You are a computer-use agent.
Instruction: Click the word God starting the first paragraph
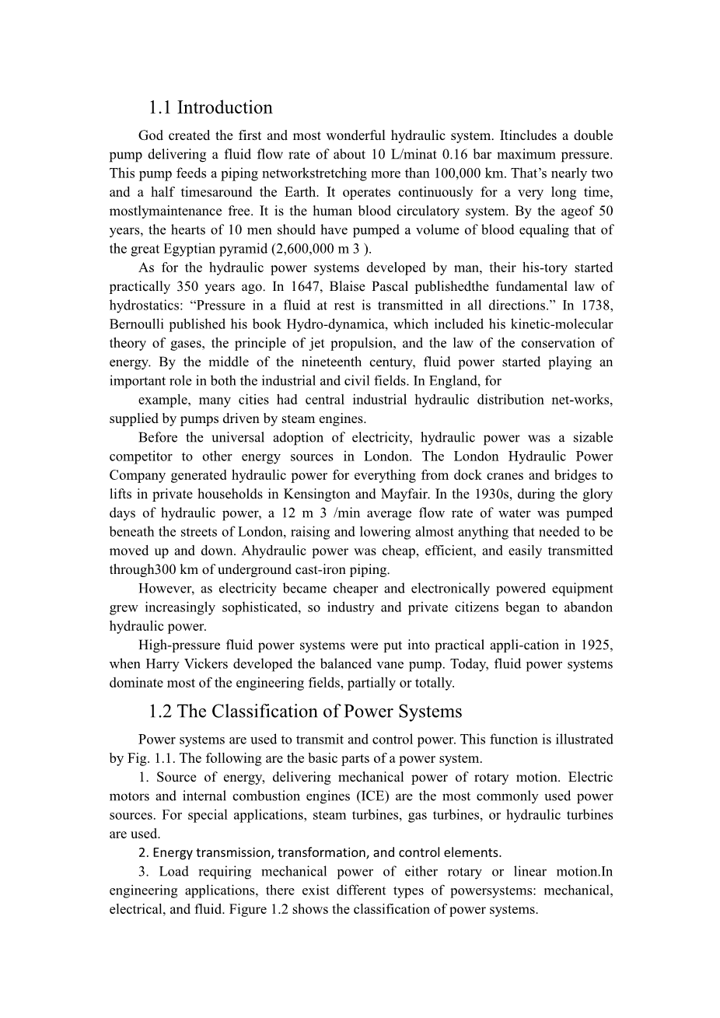pyautogui.click(x=151, y=136)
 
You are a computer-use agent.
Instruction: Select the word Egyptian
pyautogui.click(x=211, y=249)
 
